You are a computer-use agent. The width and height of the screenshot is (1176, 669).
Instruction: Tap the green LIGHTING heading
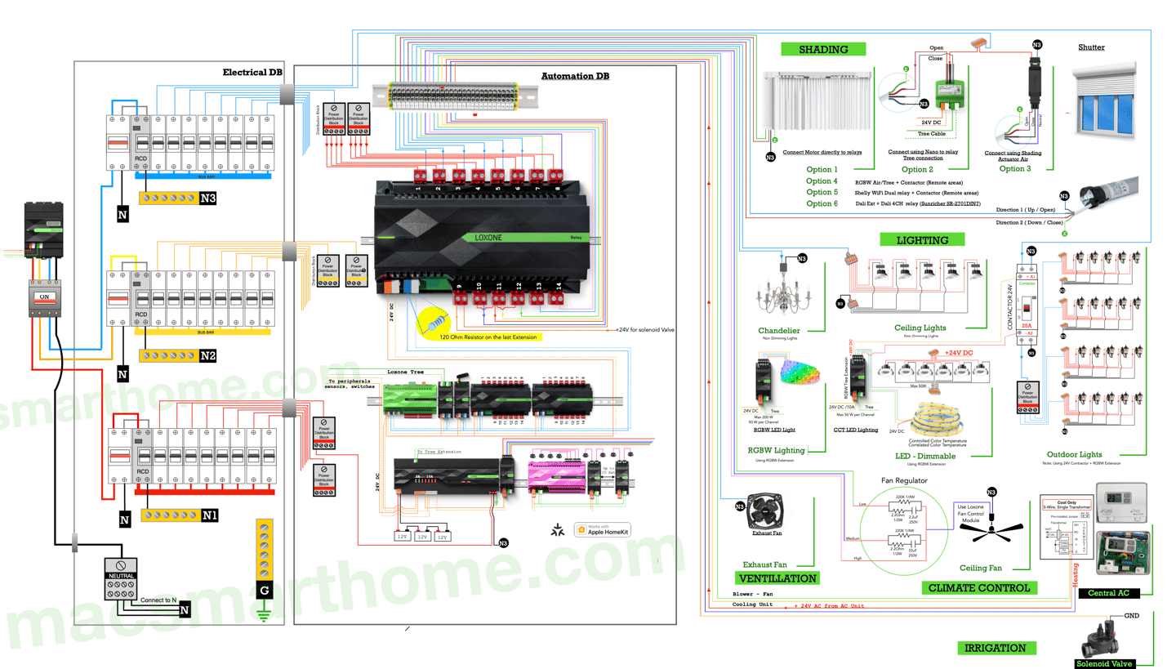click(x=922, y=240)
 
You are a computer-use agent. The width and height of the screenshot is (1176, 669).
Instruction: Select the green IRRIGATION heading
click(x=995, y=648)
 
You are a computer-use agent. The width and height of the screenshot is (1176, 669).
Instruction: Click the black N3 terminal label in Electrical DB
click(x=208, y=198)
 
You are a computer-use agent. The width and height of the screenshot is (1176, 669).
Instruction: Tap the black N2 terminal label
click(x=208, y=356)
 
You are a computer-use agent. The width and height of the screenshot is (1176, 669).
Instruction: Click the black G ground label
click(x=264, y=590)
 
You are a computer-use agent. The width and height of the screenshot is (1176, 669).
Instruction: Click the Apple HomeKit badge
click(x=603, y=529)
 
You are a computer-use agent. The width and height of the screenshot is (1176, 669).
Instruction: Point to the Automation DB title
click(x=575, y=76)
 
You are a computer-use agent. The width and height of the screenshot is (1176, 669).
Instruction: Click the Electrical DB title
click(x=253, y=73)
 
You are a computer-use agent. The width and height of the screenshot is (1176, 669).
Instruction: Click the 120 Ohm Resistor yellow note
click(x=490, y=336)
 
